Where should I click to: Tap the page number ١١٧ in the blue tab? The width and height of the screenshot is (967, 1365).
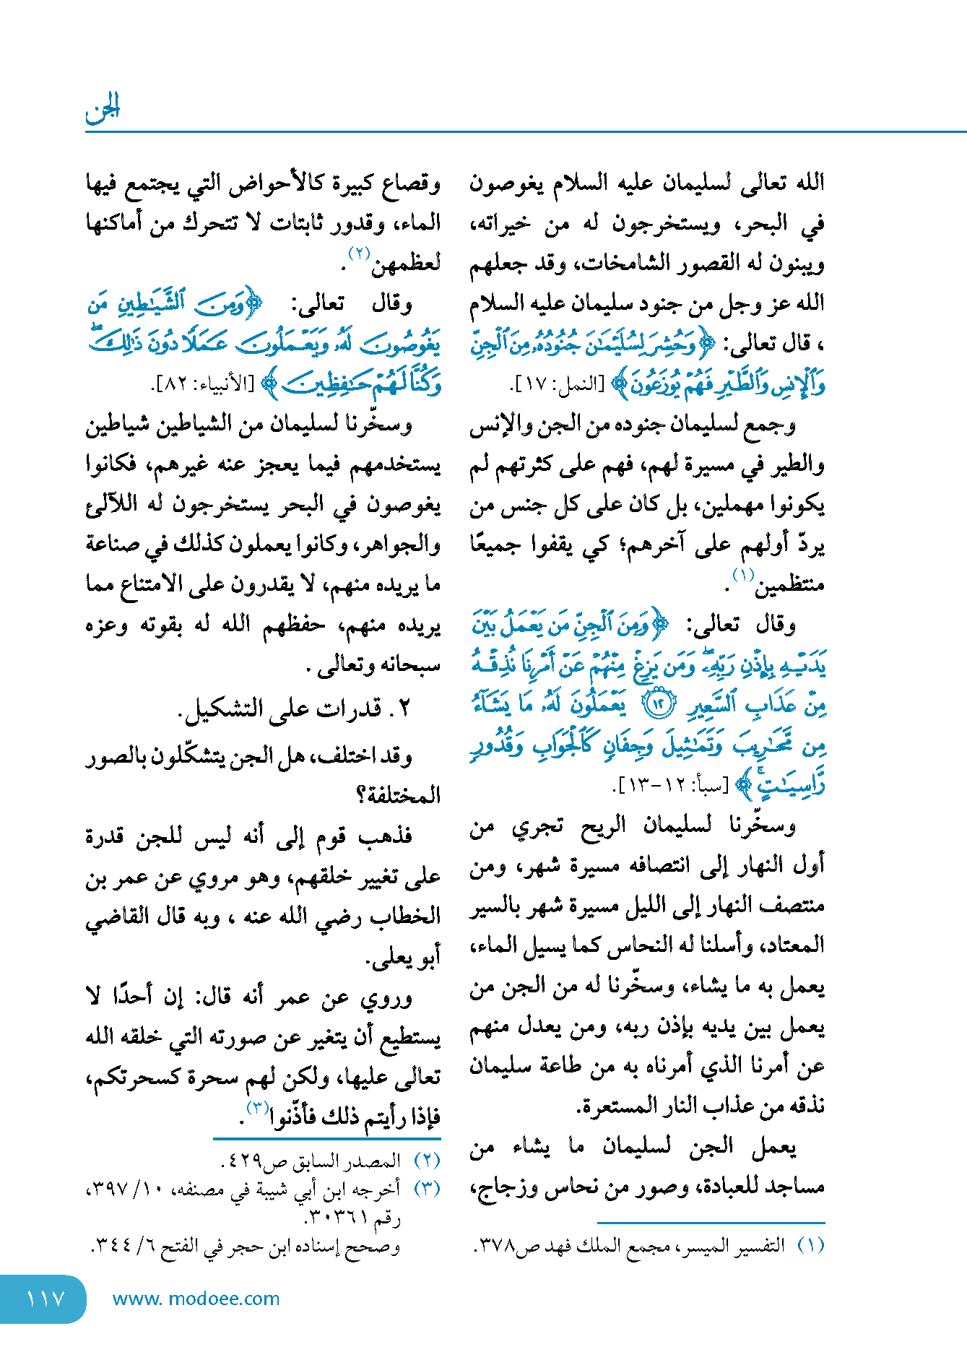(x=45, y=1299)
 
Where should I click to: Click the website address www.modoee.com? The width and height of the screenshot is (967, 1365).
(x=196, y=1299)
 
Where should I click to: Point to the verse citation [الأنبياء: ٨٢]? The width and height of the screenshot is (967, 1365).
(x=203, y=383)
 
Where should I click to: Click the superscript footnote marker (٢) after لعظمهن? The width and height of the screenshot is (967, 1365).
(x=359, y=254)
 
